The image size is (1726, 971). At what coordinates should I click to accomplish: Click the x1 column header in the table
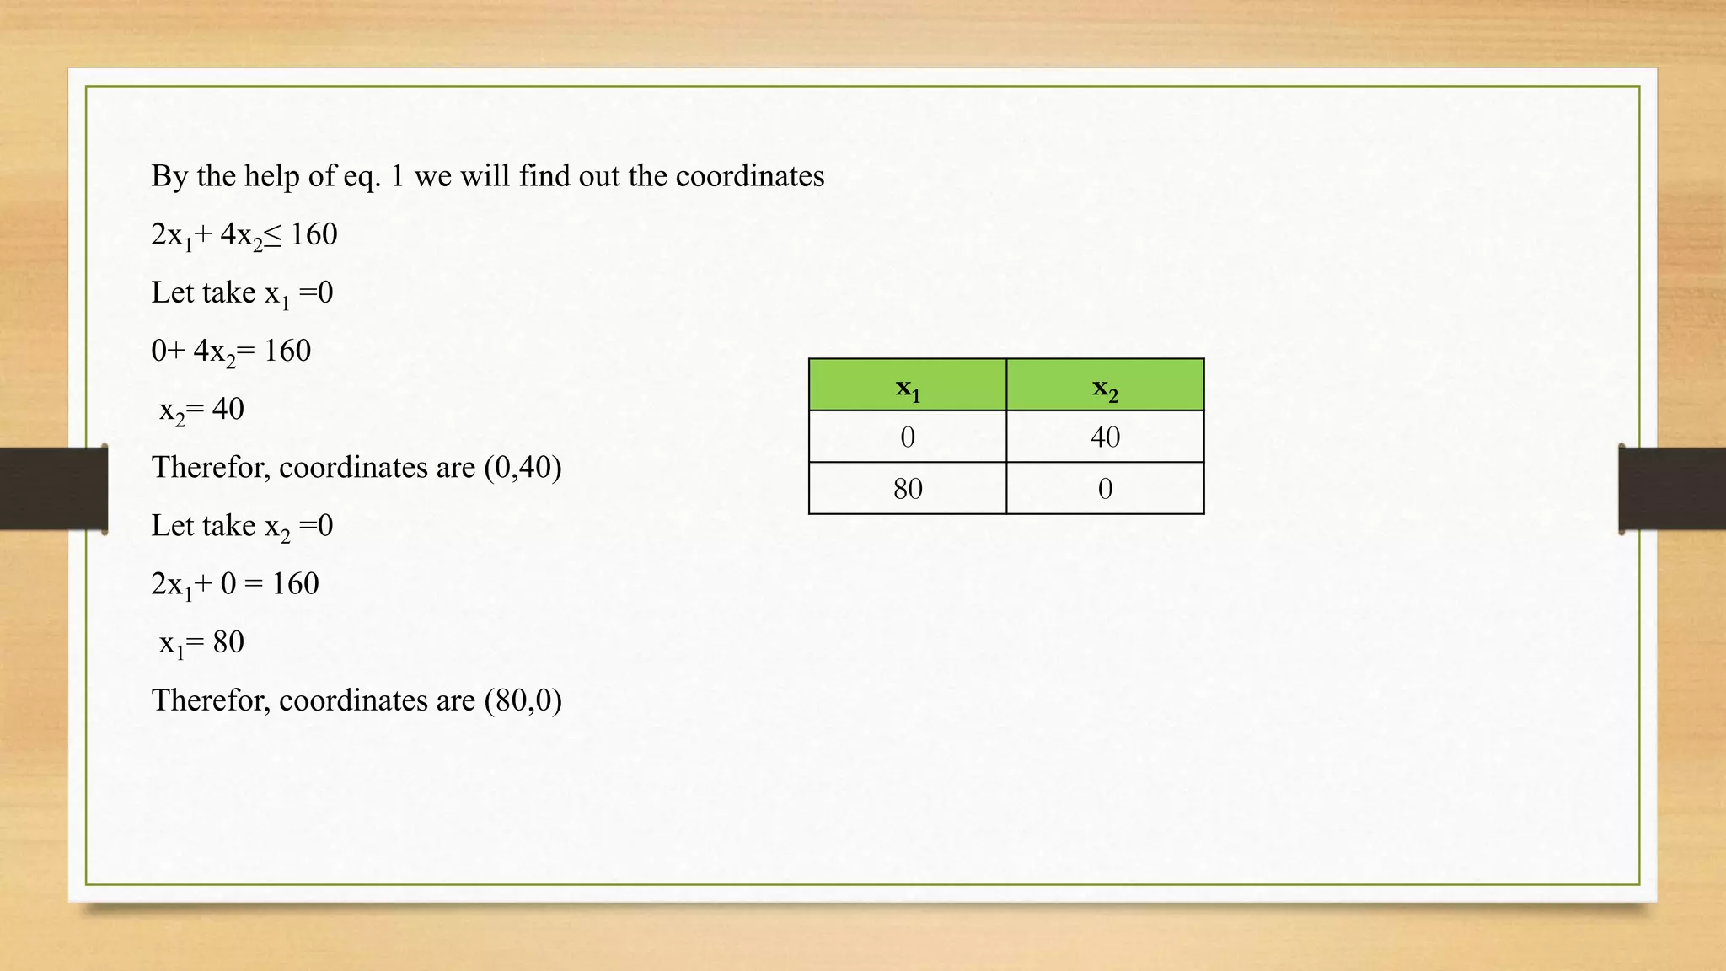click(908, 386)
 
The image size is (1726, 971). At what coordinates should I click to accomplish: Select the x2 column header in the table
click(1105, 386)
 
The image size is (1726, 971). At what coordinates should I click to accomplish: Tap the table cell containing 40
click(1105, 437)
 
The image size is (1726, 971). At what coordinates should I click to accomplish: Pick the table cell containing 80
click(908, 489)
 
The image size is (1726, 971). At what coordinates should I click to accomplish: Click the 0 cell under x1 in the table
click(908, 437)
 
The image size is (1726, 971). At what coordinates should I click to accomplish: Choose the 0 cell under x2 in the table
click(1105, 489)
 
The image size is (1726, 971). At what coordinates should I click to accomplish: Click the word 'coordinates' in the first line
click(749, 176)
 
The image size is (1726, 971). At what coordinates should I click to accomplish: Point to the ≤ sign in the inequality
click(272, 235)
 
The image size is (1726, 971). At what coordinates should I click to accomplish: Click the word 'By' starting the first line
click(169, 176)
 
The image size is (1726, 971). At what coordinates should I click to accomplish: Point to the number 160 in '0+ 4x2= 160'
click(287, 351)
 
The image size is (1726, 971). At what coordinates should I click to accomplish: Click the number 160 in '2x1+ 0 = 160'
click(295, 584)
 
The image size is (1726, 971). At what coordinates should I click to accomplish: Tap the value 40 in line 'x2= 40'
click(228, 410)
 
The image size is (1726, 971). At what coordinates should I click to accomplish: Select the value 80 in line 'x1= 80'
click(228, 642)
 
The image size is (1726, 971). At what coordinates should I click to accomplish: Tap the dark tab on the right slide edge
click(1672, 489)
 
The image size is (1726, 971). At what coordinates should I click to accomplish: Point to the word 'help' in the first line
click(271, 176)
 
